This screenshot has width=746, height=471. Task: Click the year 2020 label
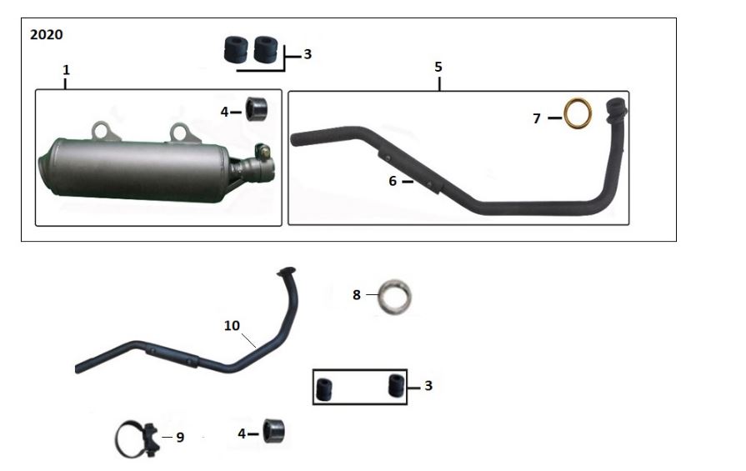point(46,35)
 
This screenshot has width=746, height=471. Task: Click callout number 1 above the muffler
point(66,70)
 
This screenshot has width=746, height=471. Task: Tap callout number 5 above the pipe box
point(438,67)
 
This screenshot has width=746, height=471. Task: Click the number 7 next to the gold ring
point(537,118)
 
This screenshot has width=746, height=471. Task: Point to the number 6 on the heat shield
point(393,181)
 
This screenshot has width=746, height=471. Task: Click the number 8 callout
point(357,295)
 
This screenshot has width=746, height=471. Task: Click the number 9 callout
point(180,437)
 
